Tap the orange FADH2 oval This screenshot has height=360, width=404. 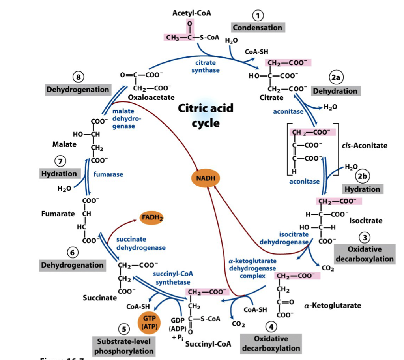pos(152,217)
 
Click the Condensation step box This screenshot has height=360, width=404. pos(258,27)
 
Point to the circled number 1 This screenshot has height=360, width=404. pos(258,15)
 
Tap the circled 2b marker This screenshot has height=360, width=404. pos(362,176)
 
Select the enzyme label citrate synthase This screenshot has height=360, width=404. pos(205,66)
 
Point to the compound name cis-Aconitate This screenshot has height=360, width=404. pos(365,146)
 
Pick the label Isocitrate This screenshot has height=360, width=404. pos(366,221)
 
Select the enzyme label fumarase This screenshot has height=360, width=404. pos(108,174)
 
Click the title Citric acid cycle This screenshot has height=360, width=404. pos(206,115)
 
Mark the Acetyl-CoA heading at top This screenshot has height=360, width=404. pos(192,13)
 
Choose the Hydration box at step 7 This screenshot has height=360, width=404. pos(60,174)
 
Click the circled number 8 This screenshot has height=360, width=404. pos(79,77)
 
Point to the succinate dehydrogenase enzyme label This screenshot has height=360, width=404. pos(140,244)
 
